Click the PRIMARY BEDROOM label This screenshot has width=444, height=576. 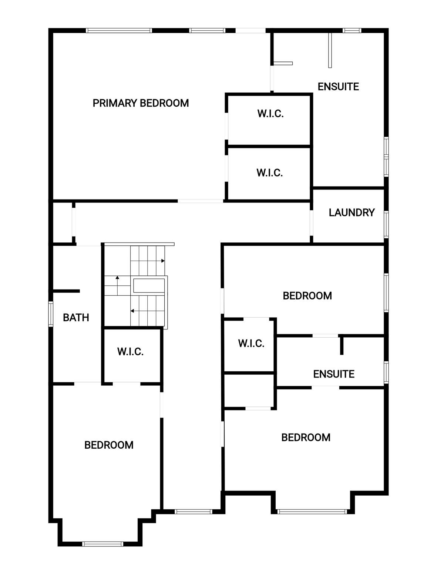point(141,103)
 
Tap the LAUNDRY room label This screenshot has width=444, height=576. point(351,212)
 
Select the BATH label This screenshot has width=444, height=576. point(76,318)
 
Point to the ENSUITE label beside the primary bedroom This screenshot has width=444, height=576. point(338,87)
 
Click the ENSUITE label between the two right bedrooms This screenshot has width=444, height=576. point(334,374)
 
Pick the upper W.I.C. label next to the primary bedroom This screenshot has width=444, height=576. point(270,114)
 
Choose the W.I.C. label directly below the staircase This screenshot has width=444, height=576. point(130,352)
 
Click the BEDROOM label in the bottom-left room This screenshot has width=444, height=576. point(109,445)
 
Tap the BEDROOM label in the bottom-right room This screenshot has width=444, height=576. point(306,438)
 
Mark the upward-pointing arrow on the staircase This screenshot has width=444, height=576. point(117,285)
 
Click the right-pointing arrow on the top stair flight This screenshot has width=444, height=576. point(148,261)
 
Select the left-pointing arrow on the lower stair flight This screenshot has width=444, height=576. point(148,311)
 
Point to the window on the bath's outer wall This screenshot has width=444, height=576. point(51,314)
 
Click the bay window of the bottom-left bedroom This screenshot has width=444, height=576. point(102,544)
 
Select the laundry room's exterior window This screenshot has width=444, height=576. point(386,225)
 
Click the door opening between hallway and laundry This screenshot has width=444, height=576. point(312,222)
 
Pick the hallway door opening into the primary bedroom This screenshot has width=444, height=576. point(200,201)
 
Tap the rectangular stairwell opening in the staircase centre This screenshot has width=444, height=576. point(149,285)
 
